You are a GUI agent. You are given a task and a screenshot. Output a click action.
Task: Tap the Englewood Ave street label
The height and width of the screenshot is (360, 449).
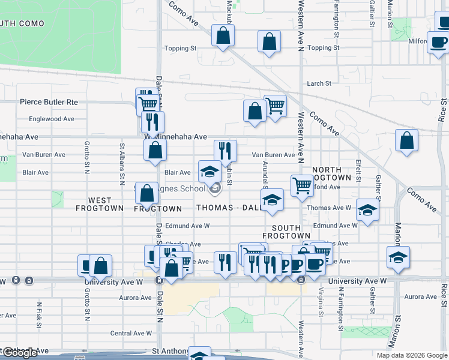pos(51,119)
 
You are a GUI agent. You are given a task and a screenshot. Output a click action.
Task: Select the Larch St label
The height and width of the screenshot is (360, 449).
pos(319,84)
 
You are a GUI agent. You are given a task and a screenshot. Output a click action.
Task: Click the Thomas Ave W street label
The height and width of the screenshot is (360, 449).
pos(329,208)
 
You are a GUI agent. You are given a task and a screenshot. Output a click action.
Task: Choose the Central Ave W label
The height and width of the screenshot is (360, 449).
pos(131,333)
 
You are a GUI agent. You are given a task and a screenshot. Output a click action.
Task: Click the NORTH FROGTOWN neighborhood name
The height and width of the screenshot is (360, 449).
pos(331,174)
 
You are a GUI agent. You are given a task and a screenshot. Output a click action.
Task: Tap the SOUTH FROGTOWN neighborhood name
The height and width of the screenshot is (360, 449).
pos(291,232)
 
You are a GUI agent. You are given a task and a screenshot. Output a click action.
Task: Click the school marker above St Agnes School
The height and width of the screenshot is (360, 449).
pos(209,172)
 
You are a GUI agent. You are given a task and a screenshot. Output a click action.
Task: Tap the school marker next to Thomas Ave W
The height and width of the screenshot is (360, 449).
pos(367,209)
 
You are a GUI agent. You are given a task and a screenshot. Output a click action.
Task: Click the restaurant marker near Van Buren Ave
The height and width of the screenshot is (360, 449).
pos(225,151)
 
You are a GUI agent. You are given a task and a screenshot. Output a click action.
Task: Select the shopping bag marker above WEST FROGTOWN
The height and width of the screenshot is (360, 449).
pos(146,193)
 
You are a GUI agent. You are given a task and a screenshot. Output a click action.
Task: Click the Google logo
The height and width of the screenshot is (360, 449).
pos(20,353)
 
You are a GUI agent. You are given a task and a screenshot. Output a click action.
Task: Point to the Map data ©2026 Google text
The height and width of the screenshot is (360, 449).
pos(411,355)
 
